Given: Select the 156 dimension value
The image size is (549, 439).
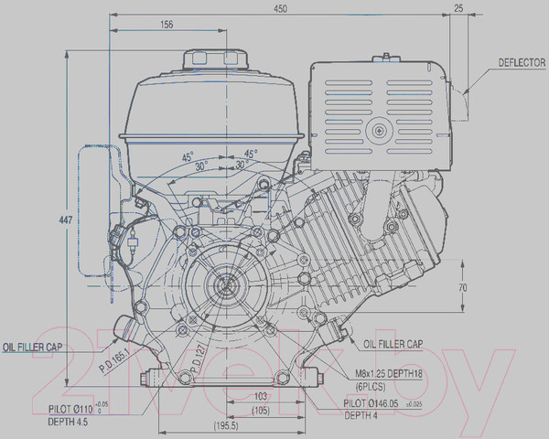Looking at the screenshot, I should (166, 26).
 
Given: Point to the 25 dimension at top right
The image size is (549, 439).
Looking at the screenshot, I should (457, 8).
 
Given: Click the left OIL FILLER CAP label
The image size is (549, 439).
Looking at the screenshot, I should (32, 348).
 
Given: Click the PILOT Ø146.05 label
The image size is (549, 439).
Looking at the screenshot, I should (382, 402).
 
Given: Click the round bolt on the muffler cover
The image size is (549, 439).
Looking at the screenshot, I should (378, 133).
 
